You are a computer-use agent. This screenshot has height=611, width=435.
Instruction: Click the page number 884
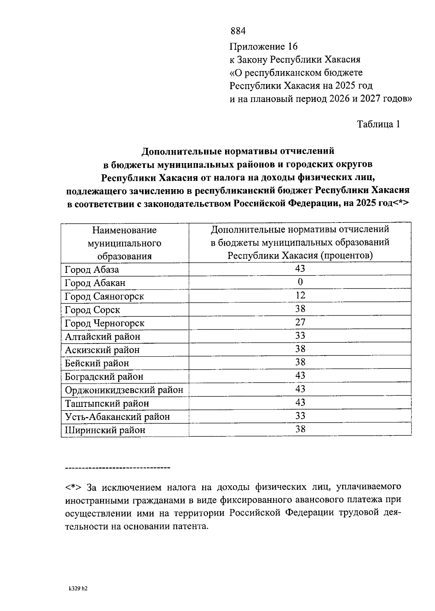(x=238, y=31)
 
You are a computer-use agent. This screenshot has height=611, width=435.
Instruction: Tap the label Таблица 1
(x=378, y=124)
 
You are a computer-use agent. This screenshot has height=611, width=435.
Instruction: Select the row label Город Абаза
(x=92, y=270)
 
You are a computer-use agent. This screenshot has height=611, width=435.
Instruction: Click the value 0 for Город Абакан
(x=300, y=282)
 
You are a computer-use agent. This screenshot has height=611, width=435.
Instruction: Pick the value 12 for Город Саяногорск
(x=300, y=295)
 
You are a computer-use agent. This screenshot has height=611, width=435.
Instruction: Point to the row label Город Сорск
(x=92, y=310)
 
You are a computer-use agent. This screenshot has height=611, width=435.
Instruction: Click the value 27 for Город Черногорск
(x=300, y=322)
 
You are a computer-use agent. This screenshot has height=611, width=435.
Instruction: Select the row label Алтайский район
(x=103, y=337)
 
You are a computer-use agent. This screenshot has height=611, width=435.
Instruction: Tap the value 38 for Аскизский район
(x=300, y=349)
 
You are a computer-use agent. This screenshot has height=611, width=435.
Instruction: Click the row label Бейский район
(x=97, y=363)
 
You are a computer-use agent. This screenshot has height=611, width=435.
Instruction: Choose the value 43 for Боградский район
(x=300, y=376)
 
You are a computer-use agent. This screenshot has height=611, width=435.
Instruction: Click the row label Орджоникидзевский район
(x=124, y=390)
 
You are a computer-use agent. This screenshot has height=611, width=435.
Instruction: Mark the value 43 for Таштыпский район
(x=300, y=403)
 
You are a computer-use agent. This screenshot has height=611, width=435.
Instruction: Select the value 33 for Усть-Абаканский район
(x=300, y=416)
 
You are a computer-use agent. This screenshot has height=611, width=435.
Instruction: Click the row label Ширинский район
(x=105, y=430)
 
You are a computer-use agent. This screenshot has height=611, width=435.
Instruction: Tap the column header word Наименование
(x=124, y=230)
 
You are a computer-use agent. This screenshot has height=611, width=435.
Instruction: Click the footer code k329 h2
(x=78, y=589)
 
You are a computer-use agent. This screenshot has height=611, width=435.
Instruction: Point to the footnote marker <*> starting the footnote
(x=74, y=487)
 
